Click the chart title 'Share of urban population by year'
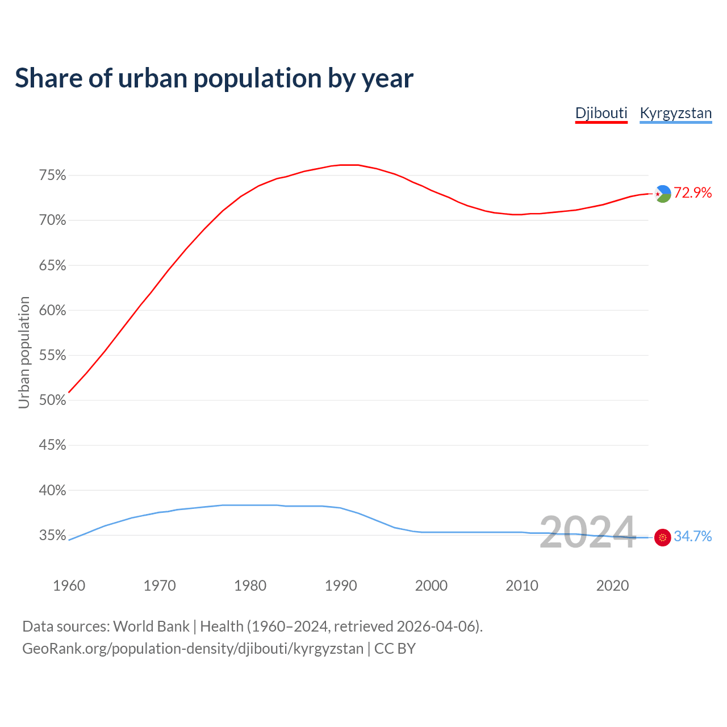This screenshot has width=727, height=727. point(214,78)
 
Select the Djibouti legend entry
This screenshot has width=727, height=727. point(601,113)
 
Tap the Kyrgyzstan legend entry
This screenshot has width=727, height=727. point(675,113)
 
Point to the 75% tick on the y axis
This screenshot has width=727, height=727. point(52,176)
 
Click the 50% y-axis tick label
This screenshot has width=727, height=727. point(52,400)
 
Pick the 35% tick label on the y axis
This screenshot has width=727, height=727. point(52,536)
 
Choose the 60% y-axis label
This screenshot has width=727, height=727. point(52,311)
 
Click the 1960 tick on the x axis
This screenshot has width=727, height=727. point(69,586)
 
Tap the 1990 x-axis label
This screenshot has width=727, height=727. point(341,586)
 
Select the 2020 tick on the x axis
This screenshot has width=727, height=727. point(612,586)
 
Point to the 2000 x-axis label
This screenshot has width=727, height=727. point(431,586)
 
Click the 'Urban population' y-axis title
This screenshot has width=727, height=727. point(24,352)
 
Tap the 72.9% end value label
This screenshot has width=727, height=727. point(692,193)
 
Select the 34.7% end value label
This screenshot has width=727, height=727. point(692,537)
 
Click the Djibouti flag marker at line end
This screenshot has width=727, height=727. point(663,194)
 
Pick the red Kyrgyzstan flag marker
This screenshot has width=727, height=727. point(663,537)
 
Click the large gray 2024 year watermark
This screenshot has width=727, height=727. point(587,533)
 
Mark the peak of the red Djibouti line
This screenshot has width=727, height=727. point(349,165)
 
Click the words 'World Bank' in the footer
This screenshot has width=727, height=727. point(151,626)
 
